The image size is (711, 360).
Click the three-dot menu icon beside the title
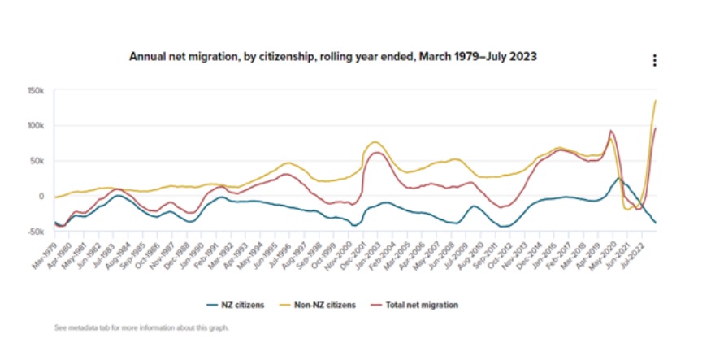click(654, 61)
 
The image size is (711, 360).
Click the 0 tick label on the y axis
click(40, 196)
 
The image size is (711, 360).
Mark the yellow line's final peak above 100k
click(656, 100)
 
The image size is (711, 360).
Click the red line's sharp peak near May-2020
click(611, 131)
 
